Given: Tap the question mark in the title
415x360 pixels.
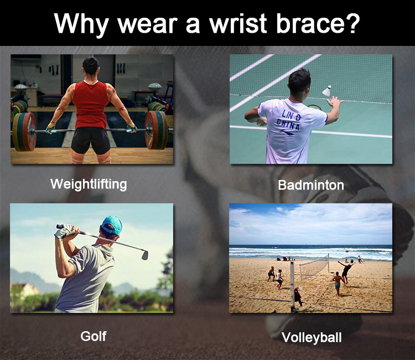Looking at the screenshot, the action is coord(352,23).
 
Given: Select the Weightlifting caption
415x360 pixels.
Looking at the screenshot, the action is coord(89,184).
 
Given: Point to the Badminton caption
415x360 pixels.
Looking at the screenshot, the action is coord(311,185).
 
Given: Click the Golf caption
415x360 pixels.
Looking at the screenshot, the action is coord(94,336).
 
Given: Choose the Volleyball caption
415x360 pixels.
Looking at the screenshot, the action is coord(312,338).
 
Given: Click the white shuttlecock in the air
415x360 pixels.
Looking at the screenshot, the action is coord(327,91).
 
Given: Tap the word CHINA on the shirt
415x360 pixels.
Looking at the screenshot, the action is coord(288,124).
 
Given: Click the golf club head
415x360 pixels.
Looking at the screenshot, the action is coord(145,255).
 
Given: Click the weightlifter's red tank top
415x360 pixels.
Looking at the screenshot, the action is coord(91,105).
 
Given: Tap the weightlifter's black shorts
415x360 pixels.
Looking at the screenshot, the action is coord(91,140).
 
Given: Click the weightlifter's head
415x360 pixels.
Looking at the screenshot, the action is coord(91,66).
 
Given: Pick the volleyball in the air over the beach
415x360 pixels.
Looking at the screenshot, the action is coord(347,250).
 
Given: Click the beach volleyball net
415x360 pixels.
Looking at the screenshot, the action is coord(314,266).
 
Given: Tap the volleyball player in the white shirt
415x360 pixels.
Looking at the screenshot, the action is coord(279,279).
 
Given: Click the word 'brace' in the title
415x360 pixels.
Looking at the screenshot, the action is coord(309,23).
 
